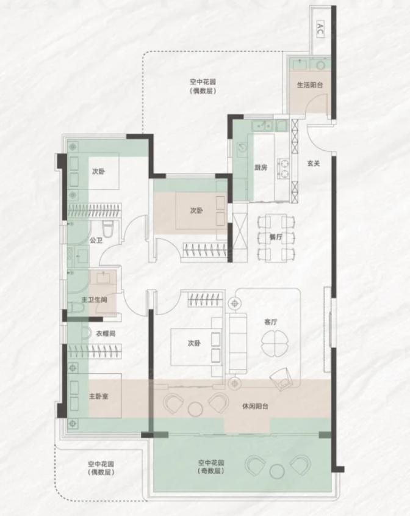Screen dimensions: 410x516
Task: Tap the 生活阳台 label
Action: [x=310, y=85]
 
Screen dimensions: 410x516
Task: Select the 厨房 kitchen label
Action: [x=261, y=167]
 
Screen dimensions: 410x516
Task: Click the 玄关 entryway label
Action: [x=314, y=163]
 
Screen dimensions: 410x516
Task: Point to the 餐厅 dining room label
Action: [x=276, y=237]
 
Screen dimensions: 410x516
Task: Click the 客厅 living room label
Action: [x=271, y=322]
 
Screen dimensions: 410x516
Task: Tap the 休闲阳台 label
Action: [x=255, y=407]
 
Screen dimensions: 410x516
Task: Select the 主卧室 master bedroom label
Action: [x=99, y=396]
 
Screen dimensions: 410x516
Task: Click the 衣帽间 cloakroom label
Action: [x=106, y=333]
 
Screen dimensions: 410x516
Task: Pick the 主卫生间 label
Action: [x=95, y=300]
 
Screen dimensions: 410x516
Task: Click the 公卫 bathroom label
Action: [x=96, y=240]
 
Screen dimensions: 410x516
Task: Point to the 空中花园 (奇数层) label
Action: [x=211, y=467]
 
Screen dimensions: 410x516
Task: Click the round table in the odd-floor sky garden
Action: [x=277, y=471]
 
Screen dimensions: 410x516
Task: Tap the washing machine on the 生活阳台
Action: [x=320, y=65]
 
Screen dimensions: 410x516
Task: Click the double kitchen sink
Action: [x=262, y=125]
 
